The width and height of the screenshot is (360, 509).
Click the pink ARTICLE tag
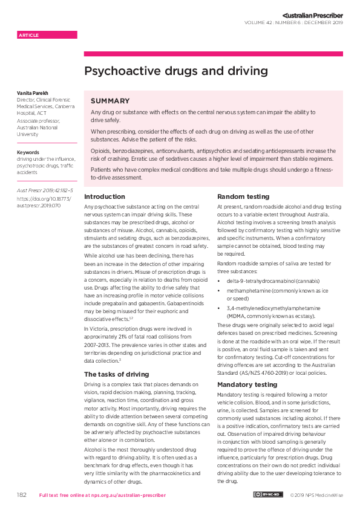30,35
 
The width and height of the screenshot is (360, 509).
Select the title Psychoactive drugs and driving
175,71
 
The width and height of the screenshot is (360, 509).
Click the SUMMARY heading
110,101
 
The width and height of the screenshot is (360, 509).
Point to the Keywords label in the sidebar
28,152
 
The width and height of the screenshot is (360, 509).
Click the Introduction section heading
105,197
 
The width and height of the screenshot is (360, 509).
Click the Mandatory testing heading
247,384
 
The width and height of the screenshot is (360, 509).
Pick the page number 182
21,495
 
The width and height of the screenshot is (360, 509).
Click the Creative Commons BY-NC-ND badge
267,495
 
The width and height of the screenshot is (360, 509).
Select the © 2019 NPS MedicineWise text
316,495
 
